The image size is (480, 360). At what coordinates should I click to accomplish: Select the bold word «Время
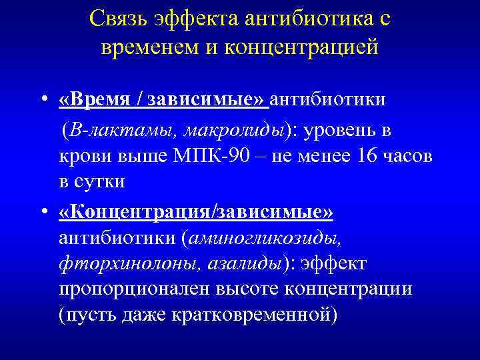point(93,100)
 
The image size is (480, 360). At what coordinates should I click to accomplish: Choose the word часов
point(410,156)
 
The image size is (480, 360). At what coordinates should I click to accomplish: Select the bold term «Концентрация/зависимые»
point(196,211)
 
